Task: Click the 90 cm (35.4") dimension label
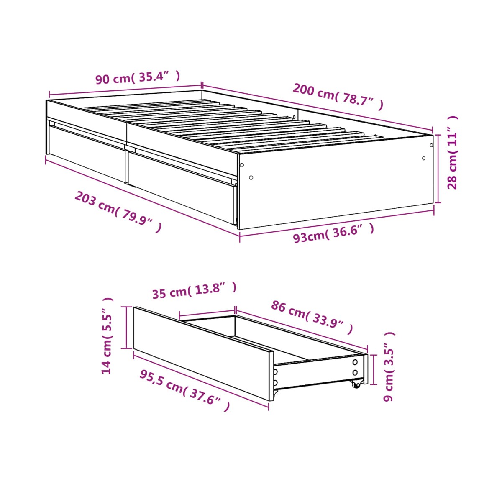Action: click(x=138, y=77)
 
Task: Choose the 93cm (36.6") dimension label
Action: click(x=334, y=233)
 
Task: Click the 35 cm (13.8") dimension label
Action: click(x=195, y=290)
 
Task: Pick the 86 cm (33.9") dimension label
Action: click(x=312, y=317)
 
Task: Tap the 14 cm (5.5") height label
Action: click(x=107, y=336)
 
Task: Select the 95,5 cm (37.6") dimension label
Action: click(x=185, y=390)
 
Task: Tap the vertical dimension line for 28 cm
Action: click(x=438, y=169)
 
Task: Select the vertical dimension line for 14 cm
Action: click(x=126, y=328)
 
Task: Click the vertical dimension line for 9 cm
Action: click(x=374, y=369)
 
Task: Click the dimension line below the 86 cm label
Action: click(x=301, y=329)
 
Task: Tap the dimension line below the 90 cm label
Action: click(x=125, y=90)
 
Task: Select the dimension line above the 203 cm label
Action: click(x=143, y=197)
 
